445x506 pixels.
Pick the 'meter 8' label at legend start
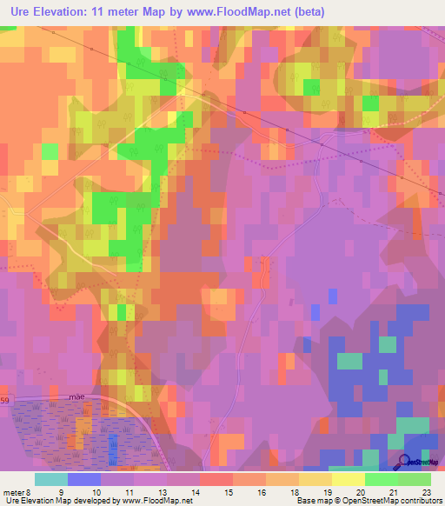coord(17,491)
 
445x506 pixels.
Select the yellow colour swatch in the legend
coord(348,479)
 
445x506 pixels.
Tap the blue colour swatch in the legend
coord(83,479)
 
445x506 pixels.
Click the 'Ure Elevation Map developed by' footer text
coord(61,501)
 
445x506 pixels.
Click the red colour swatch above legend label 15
coord(216,479)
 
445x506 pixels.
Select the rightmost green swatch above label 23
coord(414,479)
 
